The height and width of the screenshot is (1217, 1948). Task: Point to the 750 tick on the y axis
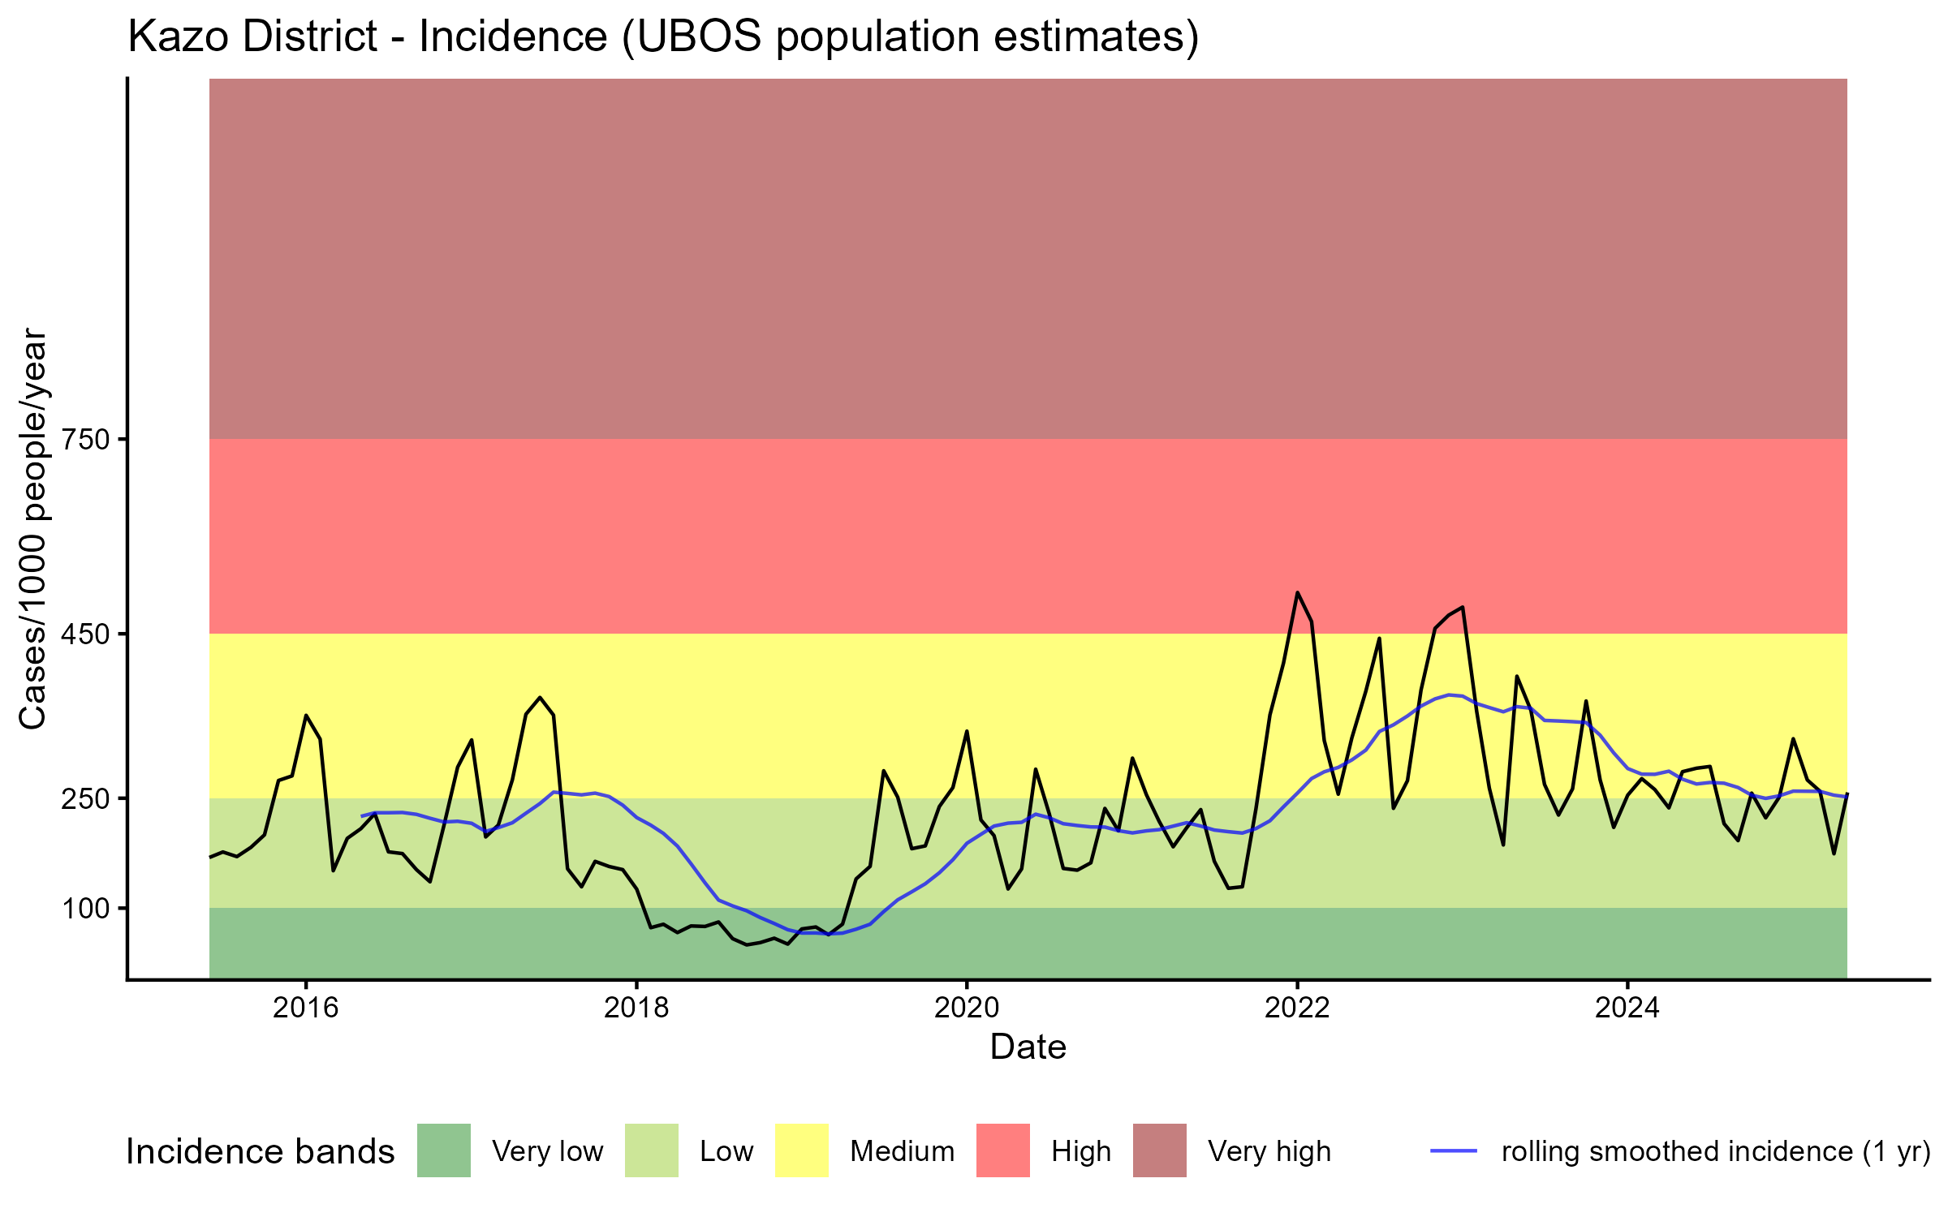click(85, 440)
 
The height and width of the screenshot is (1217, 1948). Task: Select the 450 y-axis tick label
click(85, 634)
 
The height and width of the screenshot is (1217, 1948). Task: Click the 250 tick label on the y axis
click(85, 798)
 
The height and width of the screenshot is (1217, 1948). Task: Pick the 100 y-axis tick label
click(85, 908)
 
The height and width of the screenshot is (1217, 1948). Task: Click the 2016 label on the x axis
click(305, 1008)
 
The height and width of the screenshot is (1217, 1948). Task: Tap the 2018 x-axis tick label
click(636, 1008)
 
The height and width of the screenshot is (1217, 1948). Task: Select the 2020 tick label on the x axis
click(966, 1008)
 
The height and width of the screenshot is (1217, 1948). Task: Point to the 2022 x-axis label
click(1297, 1008)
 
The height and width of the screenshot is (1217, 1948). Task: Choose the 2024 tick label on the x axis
click(1627, 1008)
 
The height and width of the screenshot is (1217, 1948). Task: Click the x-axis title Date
click(1028, 1047)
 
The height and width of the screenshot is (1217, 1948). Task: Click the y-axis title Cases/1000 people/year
click(34, 528)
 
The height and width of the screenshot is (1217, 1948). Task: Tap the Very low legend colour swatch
click(444, 1150)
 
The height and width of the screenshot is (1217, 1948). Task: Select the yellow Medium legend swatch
click(802, 1150)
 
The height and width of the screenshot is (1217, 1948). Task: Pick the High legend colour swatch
click(1003, 1150)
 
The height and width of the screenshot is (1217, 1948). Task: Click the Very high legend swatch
click(1160, 1150)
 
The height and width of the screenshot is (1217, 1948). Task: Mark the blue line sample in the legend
click(1453, 1150)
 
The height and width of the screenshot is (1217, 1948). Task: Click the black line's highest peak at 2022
click(1297, 593)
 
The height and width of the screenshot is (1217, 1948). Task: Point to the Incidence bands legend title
click(260, 1152)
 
